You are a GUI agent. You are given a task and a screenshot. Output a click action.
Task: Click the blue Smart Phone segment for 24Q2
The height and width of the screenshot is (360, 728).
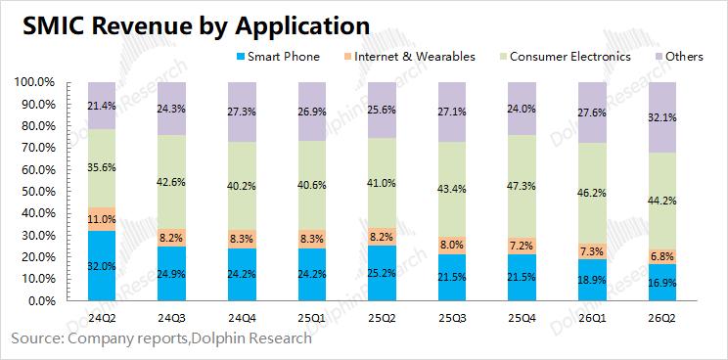(x=102, y=265)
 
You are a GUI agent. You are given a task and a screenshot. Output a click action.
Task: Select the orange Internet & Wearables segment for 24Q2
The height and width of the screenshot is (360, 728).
(x=102, y=218)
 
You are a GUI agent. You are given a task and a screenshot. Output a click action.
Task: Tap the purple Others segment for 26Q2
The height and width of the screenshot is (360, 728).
(x=662, y=117)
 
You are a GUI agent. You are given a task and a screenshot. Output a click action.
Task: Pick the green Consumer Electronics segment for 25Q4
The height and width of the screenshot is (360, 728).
(x=522, y=187)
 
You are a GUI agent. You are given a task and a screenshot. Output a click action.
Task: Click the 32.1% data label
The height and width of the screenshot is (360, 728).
(x=662, y=117)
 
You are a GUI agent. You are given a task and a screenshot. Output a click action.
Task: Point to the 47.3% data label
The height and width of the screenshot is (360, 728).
(x=523, y=187)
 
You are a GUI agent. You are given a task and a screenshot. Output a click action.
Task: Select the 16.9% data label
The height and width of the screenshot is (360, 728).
(x=662, y=283)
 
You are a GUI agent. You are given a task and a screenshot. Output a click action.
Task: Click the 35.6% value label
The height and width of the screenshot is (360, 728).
(x=102, y=168)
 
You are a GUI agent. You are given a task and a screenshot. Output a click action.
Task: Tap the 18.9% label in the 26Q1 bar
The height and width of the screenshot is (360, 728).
(x=593, y=281)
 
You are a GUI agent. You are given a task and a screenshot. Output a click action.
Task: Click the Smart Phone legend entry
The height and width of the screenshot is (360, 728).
(x=278, y=57)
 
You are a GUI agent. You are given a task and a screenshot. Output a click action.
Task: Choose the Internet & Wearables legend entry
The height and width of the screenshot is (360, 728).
(x=409, y=57)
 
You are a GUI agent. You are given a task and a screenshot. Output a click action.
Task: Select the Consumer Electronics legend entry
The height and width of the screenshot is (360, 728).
(x=565, y=57)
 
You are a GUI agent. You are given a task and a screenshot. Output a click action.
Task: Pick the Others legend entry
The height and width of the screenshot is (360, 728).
(x=679, y=57)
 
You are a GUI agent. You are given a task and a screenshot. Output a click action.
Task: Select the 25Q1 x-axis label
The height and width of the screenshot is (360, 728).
(x=312, y=319)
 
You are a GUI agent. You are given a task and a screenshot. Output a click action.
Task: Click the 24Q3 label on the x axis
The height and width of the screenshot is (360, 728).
(x=172, y=319)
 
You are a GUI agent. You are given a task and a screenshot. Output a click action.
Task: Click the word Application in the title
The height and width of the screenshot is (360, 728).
(x=302, y=26)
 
